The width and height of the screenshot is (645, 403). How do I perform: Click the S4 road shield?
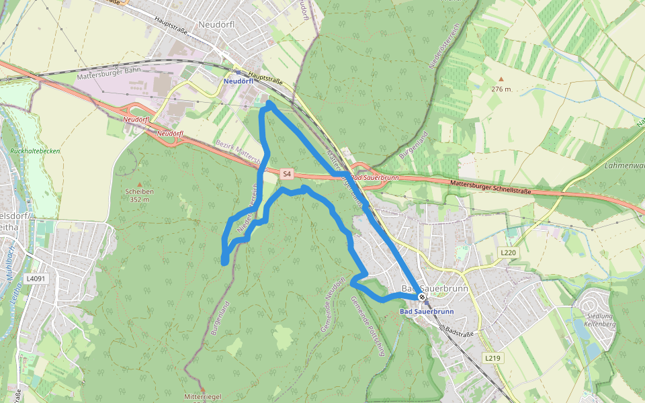tap(287, 174)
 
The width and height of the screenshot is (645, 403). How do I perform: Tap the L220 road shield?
tap(509, 252)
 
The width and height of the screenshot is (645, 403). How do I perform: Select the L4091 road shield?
tap(37, 278)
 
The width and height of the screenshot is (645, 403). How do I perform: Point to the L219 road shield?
tap(492, 358)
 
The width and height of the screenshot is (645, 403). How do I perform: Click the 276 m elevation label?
tap(501, 89)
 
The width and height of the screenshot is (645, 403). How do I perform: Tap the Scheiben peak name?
tap(139, 191)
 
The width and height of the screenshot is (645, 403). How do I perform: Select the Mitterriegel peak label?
tap(203, 397)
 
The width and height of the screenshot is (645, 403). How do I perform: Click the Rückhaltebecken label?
tap(35, 151)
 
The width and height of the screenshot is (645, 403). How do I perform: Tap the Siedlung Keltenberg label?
tap(599, 320)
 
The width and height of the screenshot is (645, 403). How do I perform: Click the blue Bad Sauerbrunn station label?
tap(427, 312)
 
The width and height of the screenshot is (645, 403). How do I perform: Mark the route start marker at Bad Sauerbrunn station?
tap(421, 297)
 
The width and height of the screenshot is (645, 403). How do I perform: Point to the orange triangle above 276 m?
tap(501, 79)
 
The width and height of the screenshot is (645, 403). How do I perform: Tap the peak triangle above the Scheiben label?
tap(139, 183)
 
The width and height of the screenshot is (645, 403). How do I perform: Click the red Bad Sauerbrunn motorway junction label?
tap(374, 177)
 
